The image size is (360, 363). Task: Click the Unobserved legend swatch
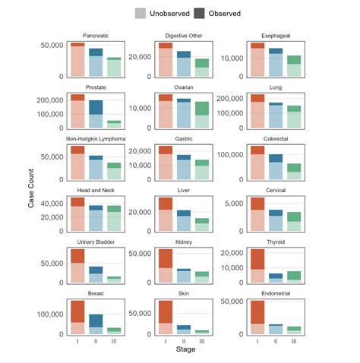tap(141, 13)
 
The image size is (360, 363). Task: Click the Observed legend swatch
tap(200, 13)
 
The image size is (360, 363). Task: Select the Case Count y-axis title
tap(31, 186)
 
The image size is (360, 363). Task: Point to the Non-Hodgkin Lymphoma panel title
tap(96, 138)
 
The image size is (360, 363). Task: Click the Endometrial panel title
tap(273, 292)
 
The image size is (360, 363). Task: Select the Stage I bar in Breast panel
tap(77, 317)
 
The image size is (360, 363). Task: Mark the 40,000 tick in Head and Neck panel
tap(52, 204)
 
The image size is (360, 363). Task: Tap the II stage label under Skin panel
tap(184, 340)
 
